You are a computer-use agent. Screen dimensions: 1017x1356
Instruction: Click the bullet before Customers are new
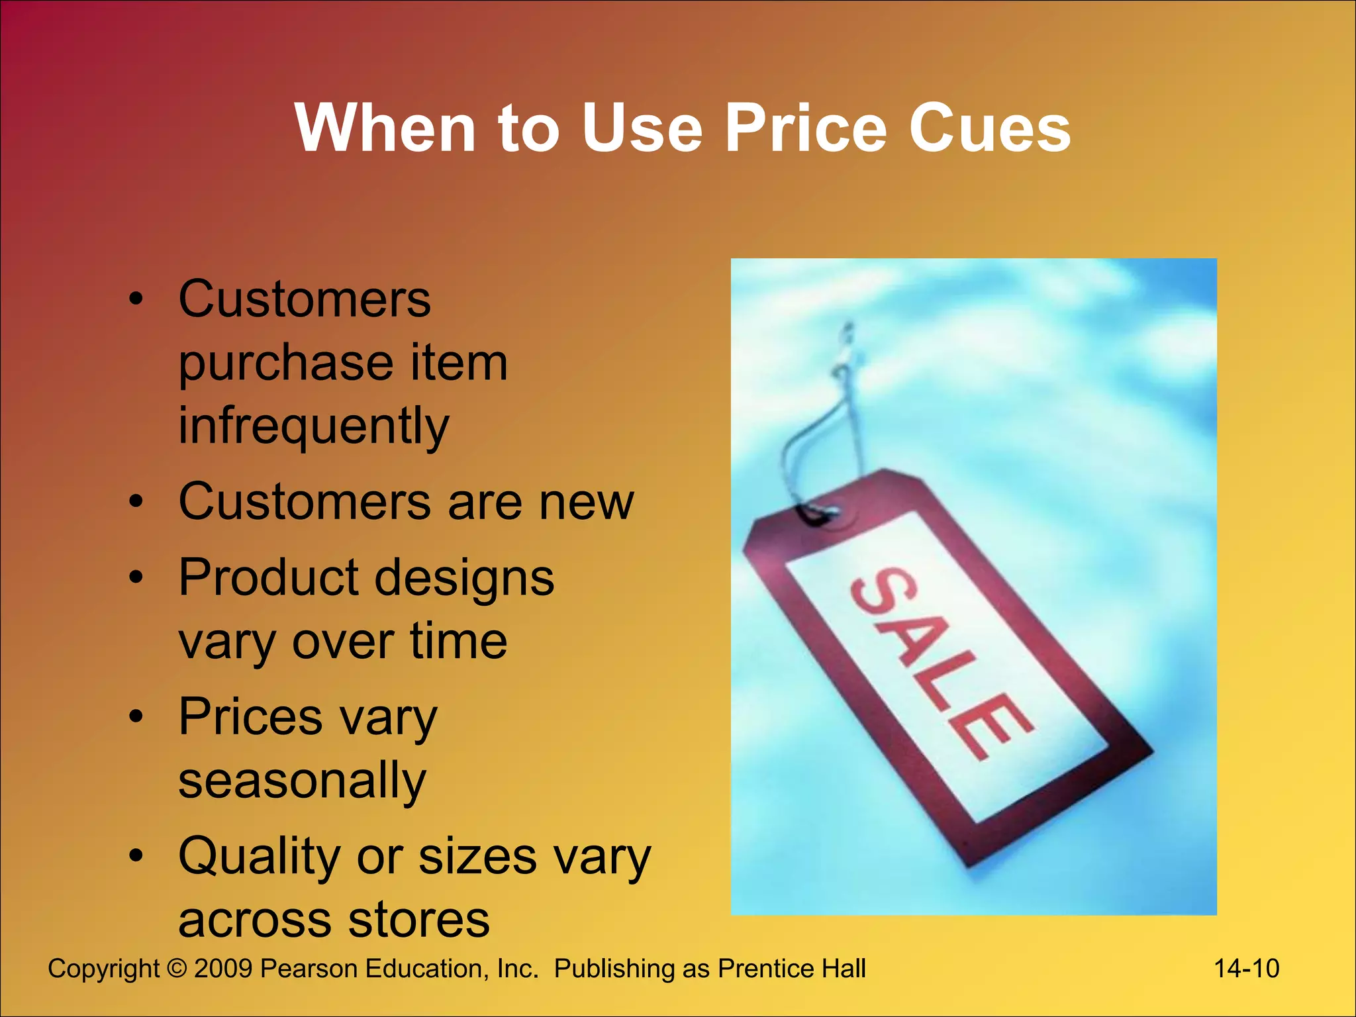click(136, 502)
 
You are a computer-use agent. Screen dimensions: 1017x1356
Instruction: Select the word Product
click(268, 577)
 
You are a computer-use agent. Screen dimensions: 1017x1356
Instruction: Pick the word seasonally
click(302, 781)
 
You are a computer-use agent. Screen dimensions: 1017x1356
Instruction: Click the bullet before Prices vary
click(136, 716)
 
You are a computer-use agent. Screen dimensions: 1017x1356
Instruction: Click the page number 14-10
click(1246, 969)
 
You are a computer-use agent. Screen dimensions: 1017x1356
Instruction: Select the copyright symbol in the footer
click(177, 969)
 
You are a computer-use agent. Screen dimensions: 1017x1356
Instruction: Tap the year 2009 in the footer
click(223, 969)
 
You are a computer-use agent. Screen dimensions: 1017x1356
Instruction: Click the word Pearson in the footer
click(309, 969)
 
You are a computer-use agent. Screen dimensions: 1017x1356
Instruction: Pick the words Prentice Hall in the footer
click(792, 969)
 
